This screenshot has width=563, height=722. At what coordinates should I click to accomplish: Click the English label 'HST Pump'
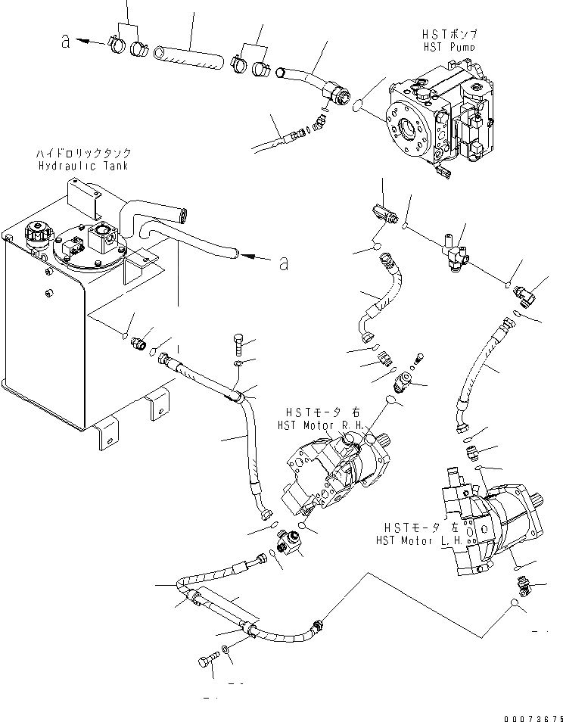tap(449, 46)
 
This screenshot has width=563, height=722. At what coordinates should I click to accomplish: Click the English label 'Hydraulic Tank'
tap(82, 165)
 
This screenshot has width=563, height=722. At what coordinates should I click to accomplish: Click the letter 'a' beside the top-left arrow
tap(67, 42)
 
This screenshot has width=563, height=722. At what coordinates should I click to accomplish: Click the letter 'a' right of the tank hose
tap(283, 263)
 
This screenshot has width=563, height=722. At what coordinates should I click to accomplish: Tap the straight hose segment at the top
tap(189, 58)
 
